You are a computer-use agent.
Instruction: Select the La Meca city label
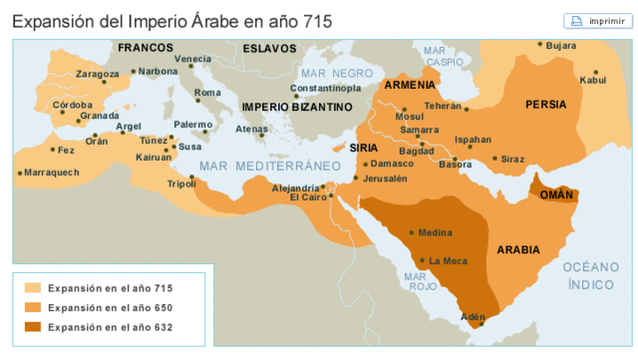click(x=448, y=261)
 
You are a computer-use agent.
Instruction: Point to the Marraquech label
click(x=51, y=172)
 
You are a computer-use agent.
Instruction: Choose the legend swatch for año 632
click(x=33, y=326)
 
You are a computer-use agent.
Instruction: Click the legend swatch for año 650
click(x=33, y=307)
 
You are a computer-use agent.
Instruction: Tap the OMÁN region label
click(x=556, y=195)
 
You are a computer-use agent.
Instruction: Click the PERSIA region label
click(x=546, y=104)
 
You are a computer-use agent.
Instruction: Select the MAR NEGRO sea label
click(x=338, y=73)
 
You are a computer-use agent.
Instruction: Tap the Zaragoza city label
click(x=97, y=74)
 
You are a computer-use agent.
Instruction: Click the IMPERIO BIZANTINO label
click(x=297, y=106)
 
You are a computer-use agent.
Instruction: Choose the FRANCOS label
click(x=146, y=48)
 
